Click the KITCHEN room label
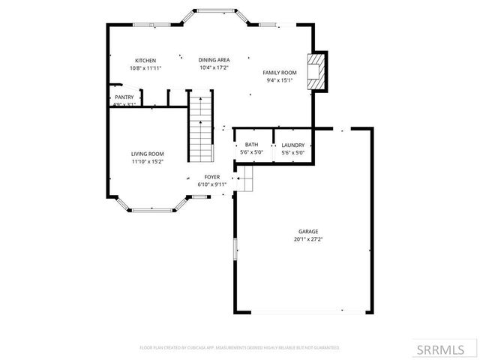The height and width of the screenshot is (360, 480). [145, 60]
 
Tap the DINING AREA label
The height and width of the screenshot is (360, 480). [214, 60]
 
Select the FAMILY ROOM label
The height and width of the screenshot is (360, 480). [280, 73]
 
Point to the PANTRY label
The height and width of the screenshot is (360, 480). [124, 97]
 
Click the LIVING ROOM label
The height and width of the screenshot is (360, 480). [147, 153]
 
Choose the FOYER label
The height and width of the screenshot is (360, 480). [211, 177]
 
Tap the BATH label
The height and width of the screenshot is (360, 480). [251, 145]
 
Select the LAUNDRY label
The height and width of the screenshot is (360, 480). [292, 145]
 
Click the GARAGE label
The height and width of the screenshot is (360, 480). [308, 232]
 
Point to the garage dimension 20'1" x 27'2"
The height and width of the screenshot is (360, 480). [308, 239]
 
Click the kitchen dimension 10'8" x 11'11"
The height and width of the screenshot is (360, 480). [145, 67]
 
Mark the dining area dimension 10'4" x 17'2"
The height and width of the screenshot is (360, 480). [214, 67]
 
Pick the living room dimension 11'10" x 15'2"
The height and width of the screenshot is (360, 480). [147, 160]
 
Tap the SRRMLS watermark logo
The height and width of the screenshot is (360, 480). [446, 349]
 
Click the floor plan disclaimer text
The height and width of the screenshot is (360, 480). [240, 348]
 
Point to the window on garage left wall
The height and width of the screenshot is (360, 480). [235, 248]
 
